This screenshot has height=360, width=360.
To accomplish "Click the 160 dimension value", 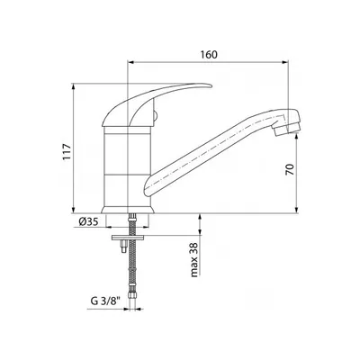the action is pos(209,55).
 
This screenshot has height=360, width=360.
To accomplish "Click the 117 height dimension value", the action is pos(67,152).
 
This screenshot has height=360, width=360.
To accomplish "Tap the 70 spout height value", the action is pos(290,169).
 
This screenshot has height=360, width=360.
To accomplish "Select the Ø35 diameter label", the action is pos(89,222).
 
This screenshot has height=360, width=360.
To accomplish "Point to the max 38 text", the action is pos(194,260).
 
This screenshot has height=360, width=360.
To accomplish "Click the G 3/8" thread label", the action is pos(104,301).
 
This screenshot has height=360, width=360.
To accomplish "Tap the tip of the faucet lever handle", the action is pos(211,86).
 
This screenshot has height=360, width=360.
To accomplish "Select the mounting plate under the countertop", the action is pos(128,238).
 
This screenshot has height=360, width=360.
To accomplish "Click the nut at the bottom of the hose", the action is pos(132,296).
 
